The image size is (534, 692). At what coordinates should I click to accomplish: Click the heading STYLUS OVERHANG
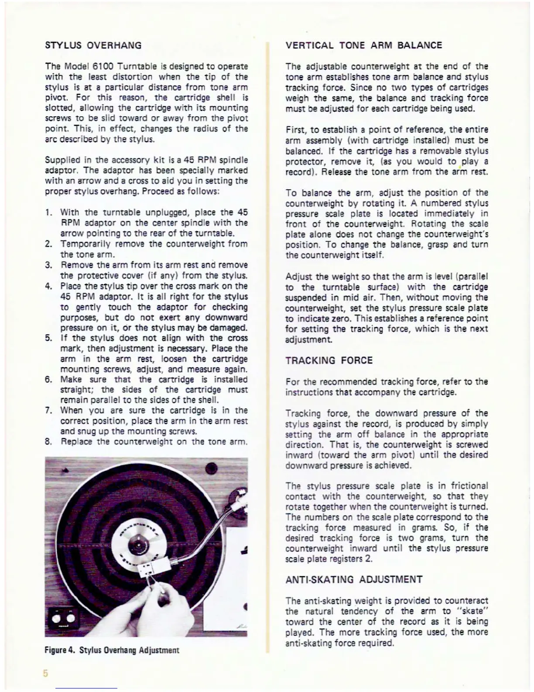click(x=93, y=45)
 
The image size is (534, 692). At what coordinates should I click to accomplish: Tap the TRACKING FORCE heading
click(x=329, y=360)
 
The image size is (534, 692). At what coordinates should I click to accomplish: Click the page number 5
click(x=45, y=673)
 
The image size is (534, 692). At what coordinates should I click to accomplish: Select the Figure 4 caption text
click(x=112, y=650)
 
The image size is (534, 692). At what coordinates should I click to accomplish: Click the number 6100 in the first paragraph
click(x=103, y=66)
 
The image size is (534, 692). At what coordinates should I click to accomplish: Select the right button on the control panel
click(x=70, y=618)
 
